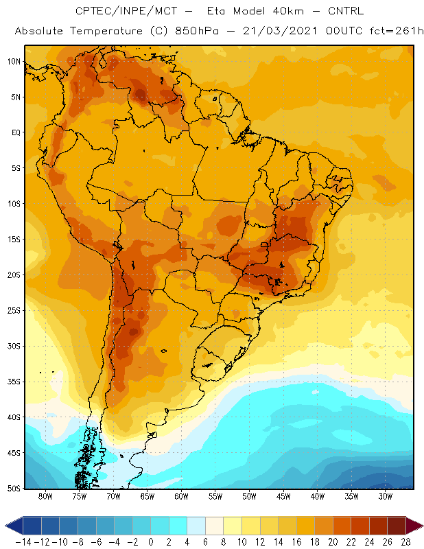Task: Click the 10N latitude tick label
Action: [14, 62]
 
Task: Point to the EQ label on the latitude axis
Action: [16, 132]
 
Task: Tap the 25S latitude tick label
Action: [14, 311]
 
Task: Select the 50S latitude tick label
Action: [14, 489]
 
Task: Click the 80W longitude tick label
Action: [45, 496]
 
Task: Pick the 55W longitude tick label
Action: [215, 496]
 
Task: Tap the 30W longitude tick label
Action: [386, 496]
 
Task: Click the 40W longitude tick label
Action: [318, 496]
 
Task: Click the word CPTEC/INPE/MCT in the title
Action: [126, 11]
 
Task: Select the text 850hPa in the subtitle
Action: [197, 31]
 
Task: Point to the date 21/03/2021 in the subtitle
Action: [280, 31]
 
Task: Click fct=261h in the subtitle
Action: [397, 31]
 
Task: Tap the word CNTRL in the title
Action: [346, 11]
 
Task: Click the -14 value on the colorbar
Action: [23, 542]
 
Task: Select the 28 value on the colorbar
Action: [405, 542]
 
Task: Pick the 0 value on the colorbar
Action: [151, 542]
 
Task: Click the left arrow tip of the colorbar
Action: [5, 526]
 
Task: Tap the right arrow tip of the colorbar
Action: [423, 526]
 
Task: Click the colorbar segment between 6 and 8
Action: [214, 526]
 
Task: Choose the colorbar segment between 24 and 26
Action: [378, 526]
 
